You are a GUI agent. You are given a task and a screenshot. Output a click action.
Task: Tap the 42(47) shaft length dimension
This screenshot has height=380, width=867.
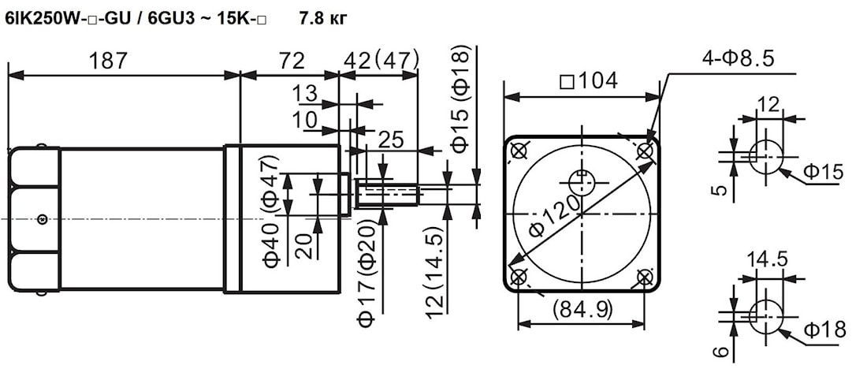(381, 61)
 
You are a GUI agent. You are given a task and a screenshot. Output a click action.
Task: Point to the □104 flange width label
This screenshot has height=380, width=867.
(588, 80)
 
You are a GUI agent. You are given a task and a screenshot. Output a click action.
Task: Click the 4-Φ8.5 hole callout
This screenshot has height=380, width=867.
(736, 58)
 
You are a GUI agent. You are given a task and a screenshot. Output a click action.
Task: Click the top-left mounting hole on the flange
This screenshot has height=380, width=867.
(519, 151)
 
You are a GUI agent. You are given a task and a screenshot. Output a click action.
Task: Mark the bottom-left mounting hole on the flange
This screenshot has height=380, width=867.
(519, 277)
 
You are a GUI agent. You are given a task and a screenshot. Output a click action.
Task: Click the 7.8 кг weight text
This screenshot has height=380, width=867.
(322, 17)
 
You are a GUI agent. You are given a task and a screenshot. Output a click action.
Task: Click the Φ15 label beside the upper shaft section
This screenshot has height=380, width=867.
(824, 172)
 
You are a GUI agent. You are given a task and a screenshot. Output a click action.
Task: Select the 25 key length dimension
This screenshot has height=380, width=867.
(392, 140)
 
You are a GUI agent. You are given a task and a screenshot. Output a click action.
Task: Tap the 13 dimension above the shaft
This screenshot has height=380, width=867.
(307, 94)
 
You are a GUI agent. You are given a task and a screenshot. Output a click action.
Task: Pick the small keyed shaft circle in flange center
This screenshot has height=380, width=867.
(582, 181)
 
